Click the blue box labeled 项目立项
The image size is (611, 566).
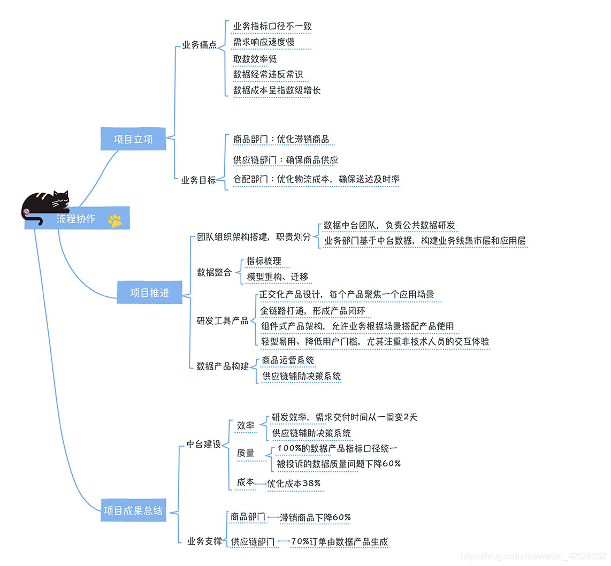point(133,139)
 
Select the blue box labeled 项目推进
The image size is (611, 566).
point(149,293)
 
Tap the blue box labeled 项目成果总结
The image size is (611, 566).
point(133,510)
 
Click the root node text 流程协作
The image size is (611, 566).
point(76,219)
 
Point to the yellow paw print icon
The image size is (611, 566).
point(115,220)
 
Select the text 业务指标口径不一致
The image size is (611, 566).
point(272,26)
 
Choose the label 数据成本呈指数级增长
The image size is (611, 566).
point(277,90)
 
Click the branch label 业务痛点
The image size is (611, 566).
point(199,45)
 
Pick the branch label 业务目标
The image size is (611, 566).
point(198,180)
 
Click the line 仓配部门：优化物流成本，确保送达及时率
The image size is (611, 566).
point(316,179)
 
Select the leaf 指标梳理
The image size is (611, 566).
point(264,261)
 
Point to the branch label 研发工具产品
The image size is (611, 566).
point(222,321)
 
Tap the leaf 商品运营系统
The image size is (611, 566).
point(288,360)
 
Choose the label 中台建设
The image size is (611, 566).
point(203,444)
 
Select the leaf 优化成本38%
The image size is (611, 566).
point(294,484)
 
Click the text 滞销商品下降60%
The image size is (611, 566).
point(315,517)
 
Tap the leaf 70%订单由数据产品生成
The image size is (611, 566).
point(339,541)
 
